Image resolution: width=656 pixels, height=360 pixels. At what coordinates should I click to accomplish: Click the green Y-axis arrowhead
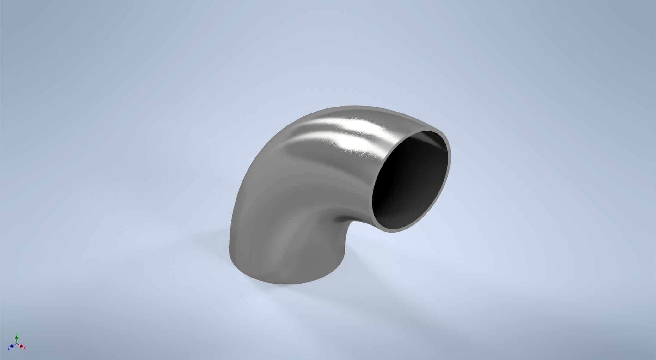(x=17, y=338)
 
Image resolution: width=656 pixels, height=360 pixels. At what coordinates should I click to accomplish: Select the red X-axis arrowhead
(x=21, y=346)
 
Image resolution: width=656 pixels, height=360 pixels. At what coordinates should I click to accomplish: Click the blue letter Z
(x=9, y=348)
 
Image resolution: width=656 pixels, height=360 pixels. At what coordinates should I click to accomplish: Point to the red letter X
(x=25, y=348)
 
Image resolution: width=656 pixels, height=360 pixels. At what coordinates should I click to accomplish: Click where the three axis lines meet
(x=17, y=344)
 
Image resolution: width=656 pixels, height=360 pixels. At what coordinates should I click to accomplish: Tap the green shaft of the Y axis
(x=17, y=341)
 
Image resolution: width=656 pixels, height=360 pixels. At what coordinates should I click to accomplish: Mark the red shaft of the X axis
(x=19, y=345)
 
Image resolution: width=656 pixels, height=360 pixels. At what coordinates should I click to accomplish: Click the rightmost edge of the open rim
(x=450, y=158)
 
